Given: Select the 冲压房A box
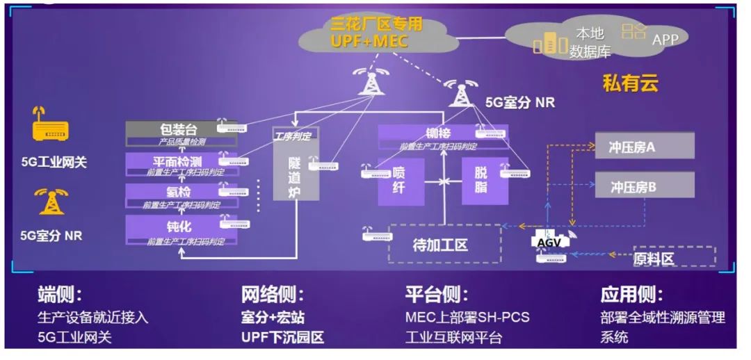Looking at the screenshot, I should (x=644, y=147).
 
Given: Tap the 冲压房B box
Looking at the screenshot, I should (x=644, y=186).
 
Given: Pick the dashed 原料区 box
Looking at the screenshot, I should (x=672, y=256).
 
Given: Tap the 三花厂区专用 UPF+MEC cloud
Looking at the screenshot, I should (x=375, y=33).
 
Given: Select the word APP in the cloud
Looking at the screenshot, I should (x=665, y=40).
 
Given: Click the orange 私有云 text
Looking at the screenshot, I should (x=630, y=84).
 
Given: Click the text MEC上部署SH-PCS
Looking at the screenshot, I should (x=467, y=318).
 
